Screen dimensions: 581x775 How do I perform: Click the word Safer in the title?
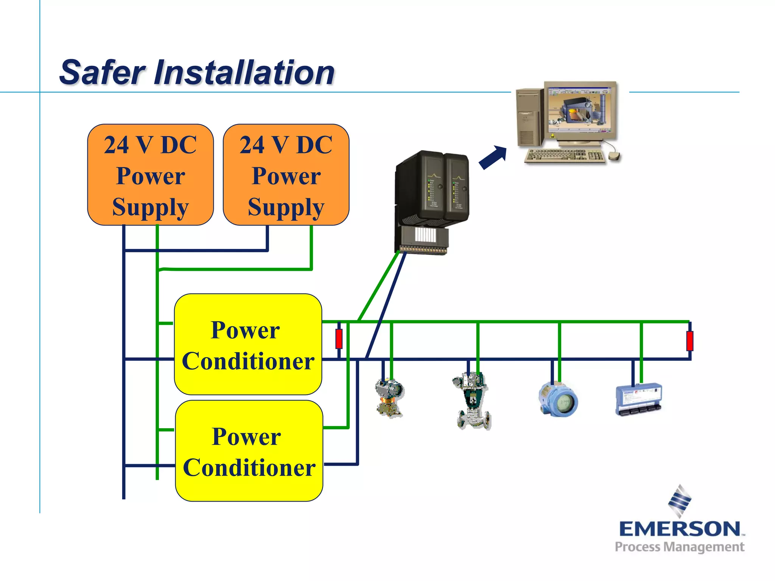click(102, 73)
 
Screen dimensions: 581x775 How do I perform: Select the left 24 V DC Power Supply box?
click(150, 175)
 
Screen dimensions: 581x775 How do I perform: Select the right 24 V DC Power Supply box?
click(286, 175)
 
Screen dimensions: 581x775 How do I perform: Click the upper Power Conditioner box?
click(248, 345)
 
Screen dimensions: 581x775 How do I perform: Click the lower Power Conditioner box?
click(249, 451)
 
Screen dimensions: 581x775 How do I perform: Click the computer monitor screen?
click(579, 110)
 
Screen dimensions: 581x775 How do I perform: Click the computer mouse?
click(614, 155)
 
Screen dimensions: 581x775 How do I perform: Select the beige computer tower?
click(529, 117)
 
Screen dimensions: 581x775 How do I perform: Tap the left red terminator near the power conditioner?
click(339, 339)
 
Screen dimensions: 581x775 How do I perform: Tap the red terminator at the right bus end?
click(689, 340)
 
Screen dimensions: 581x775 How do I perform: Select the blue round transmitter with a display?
click(558, 400)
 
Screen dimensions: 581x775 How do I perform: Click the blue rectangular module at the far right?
click(638, 399)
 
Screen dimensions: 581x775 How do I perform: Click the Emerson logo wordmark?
click(680, 528)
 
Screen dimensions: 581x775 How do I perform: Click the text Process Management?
click(679, 547)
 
